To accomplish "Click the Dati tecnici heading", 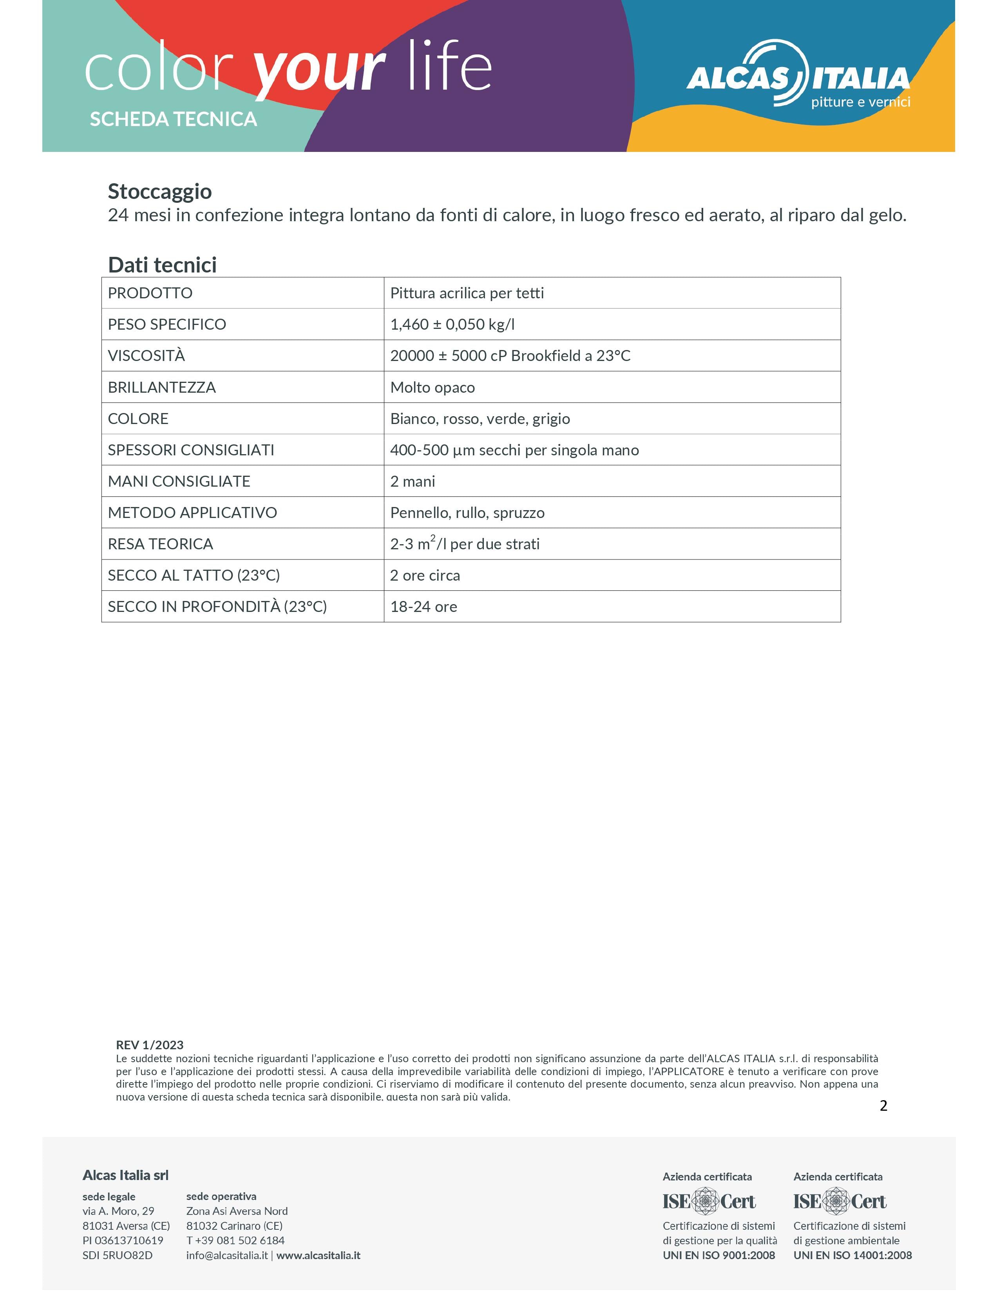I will [162, 265].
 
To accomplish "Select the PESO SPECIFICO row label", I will [167, 324].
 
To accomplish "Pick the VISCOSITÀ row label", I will [146, 355].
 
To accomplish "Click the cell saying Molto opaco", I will [433, 388].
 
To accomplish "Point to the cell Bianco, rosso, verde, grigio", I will [480, 419].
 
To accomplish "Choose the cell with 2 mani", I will [413, 482].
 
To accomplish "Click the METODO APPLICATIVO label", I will [192, 513].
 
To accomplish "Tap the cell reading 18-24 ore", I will [424, 607].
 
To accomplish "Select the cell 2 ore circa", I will [425, 576].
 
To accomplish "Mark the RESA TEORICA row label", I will [160, 544].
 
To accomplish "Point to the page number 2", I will [883, 1106].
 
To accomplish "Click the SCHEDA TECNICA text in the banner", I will [174, 119].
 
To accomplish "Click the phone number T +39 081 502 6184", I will [235, 1241].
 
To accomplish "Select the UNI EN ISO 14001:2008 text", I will [852, 1255].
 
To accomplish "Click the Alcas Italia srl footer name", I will [125, 1175].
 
